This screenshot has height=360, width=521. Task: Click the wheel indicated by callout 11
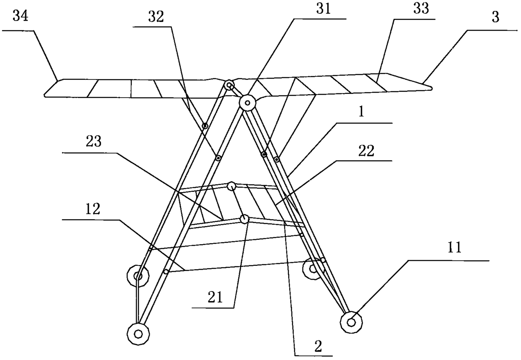tap(351, 322)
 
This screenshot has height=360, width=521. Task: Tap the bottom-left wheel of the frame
tap(137, 334)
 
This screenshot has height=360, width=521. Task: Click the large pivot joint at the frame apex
tap(247, 102)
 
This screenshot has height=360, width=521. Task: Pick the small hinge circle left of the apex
tap(229, 85)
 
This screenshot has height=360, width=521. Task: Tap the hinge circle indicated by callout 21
tap(244, 219)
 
